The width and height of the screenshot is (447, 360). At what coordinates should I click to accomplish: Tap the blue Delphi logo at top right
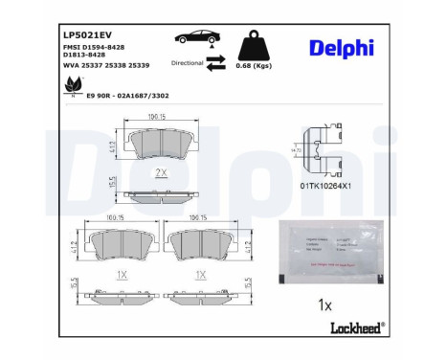tap(342, 48)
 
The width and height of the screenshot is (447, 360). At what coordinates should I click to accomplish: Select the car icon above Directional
tap(194, 39)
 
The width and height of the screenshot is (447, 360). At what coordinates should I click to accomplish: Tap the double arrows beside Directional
tap(215, 62)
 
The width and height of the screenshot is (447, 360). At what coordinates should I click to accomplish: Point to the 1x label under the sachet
tap(325, 304)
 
